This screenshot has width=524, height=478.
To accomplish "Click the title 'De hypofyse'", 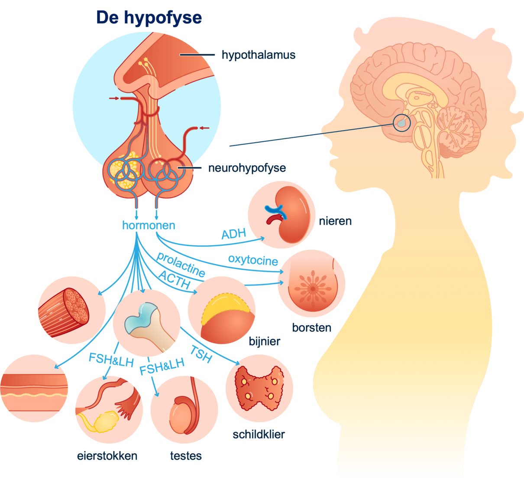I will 149,18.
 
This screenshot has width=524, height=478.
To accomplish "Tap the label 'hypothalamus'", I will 258,55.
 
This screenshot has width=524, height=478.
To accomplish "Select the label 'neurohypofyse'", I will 247,168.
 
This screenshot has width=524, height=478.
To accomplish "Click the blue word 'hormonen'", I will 149,226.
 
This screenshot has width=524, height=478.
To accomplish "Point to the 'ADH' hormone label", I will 233,234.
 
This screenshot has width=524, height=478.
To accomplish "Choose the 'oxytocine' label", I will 253,260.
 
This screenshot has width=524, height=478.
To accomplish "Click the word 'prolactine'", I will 181,264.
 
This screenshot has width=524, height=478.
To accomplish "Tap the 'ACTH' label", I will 174,280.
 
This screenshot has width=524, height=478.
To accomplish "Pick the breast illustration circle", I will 312,284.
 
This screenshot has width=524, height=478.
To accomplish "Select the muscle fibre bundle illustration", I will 63,313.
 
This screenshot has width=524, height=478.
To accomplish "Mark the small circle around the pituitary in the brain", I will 401,122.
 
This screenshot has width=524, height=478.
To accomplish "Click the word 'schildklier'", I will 259,435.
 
